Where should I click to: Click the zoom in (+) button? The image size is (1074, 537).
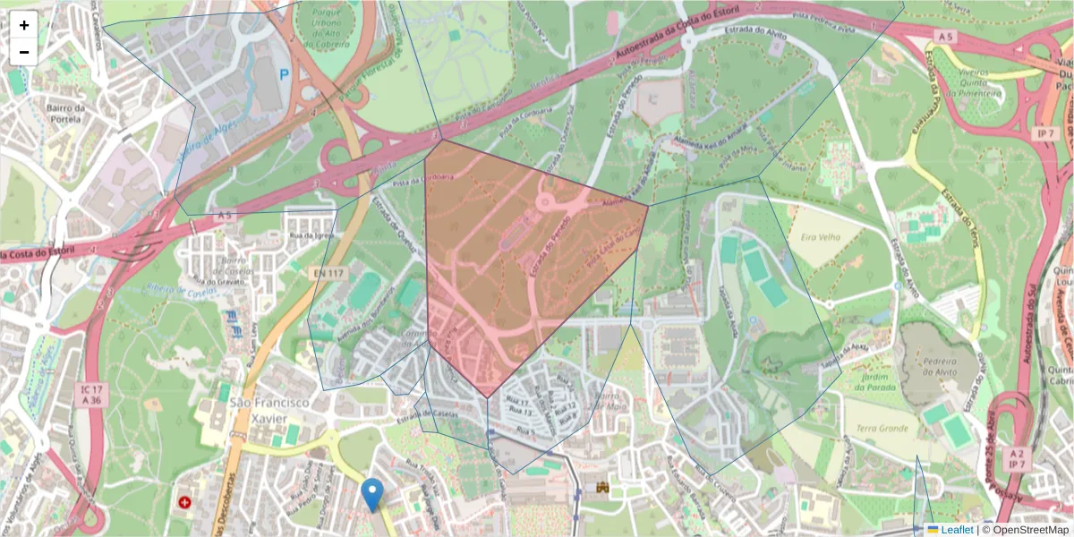(x=24, y=25)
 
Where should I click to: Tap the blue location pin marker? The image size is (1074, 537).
(x=372, y=493)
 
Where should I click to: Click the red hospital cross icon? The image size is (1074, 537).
(x=185, y=504)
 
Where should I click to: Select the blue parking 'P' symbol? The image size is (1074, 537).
(x=285, y=76)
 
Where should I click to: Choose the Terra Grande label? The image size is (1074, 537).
(x=882, y=430)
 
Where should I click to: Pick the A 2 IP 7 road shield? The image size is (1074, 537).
(x=1017, y=458)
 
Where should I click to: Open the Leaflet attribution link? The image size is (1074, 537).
(x=957, y=530)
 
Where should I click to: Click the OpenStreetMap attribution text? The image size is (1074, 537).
(x=1029, y=530)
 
